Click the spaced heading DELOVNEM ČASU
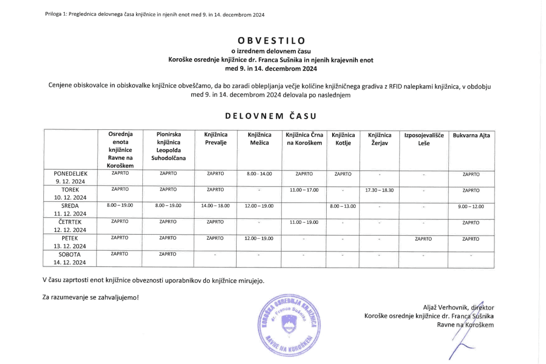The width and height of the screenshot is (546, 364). click(271, 116)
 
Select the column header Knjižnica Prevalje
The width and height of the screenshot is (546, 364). click(215, 139)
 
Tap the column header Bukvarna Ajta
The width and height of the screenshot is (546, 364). click(471, 135)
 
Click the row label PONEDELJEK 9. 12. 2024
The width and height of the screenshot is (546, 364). click(70, 177)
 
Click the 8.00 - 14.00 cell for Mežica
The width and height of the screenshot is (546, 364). click(259, 174)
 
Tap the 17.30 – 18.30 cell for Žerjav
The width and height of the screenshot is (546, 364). click(379, 190)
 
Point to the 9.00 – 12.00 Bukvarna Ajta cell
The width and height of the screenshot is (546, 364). click(471, 206)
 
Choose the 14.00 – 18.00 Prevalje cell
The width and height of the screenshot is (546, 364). click(215, 206)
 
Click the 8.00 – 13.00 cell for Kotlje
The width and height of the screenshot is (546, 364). click(343, 206)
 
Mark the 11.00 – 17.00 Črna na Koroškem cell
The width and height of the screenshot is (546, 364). click(304, 190)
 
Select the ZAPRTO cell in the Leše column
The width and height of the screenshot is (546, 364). click(423, 238)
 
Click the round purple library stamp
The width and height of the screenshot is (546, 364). click(287, 324)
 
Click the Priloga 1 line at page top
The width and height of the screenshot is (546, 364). click(155, 14)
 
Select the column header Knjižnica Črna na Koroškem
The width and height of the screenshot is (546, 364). click(304, 139)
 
